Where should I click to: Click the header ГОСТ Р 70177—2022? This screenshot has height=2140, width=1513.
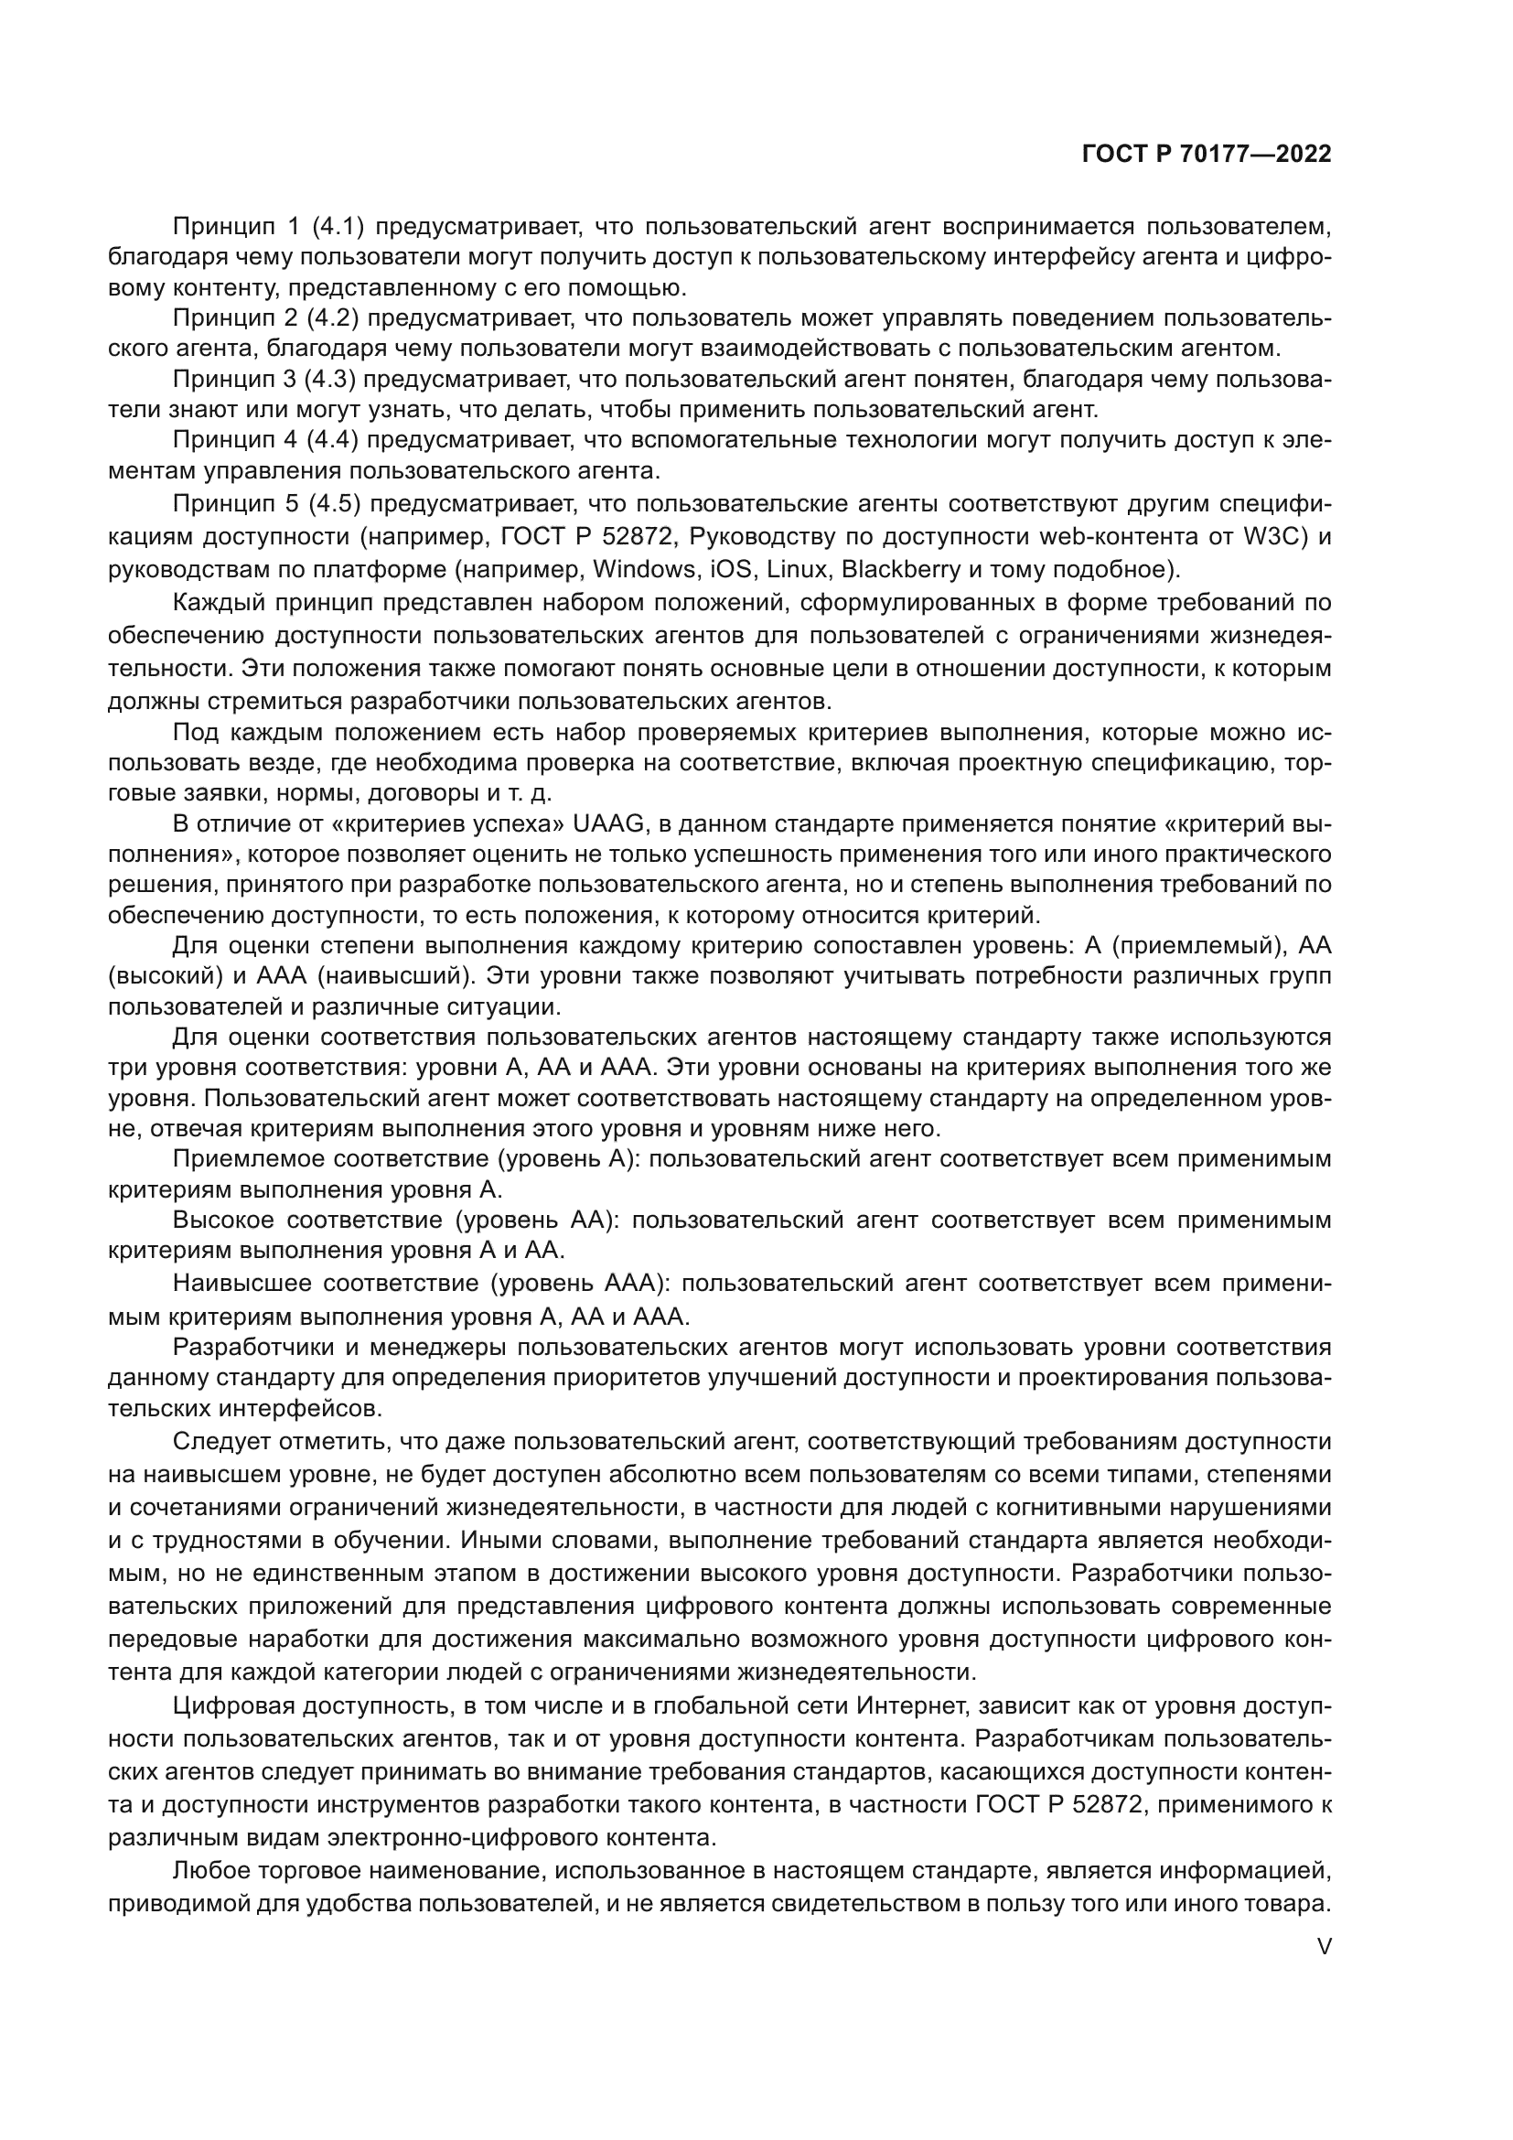tap(1207, 155)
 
